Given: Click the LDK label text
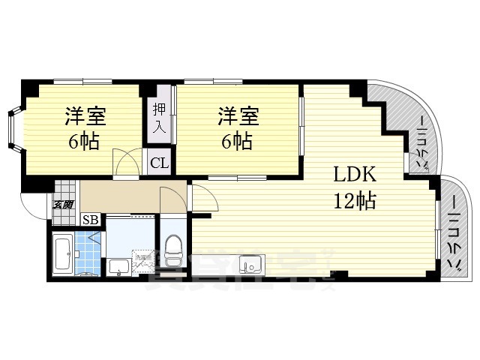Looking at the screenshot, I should click(x=355, y=175).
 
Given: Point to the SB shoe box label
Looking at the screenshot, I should click(x=90, y=220).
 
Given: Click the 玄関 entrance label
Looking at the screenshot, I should click(x=63, y=204).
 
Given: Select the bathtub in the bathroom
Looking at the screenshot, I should click(x=64, y=255).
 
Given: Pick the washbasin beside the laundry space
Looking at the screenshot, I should click(x=119, y=266).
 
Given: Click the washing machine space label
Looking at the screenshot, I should click(x=142, y=262).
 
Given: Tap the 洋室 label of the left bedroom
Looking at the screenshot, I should click(x=85, y=116).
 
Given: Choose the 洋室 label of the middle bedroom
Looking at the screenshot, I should click(x=238, y=116).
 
